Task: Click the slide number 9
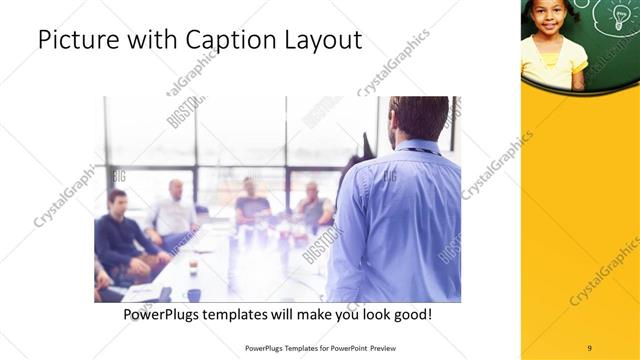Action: pyautogui.click(x=589, y=348)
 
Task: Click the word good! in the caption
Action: pyautogui.click(x=411, y=314)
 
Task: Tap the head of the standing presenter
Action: pyautogui.click(x=418, y=118)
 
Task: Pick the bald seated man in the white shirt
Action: pyautogui.click(x=175, y=210)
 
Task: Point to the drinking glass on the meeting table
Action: pyautogui.click(x=193, y=267)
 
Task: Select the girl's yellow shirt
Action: pyautogui.click(x=553, y=60)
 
